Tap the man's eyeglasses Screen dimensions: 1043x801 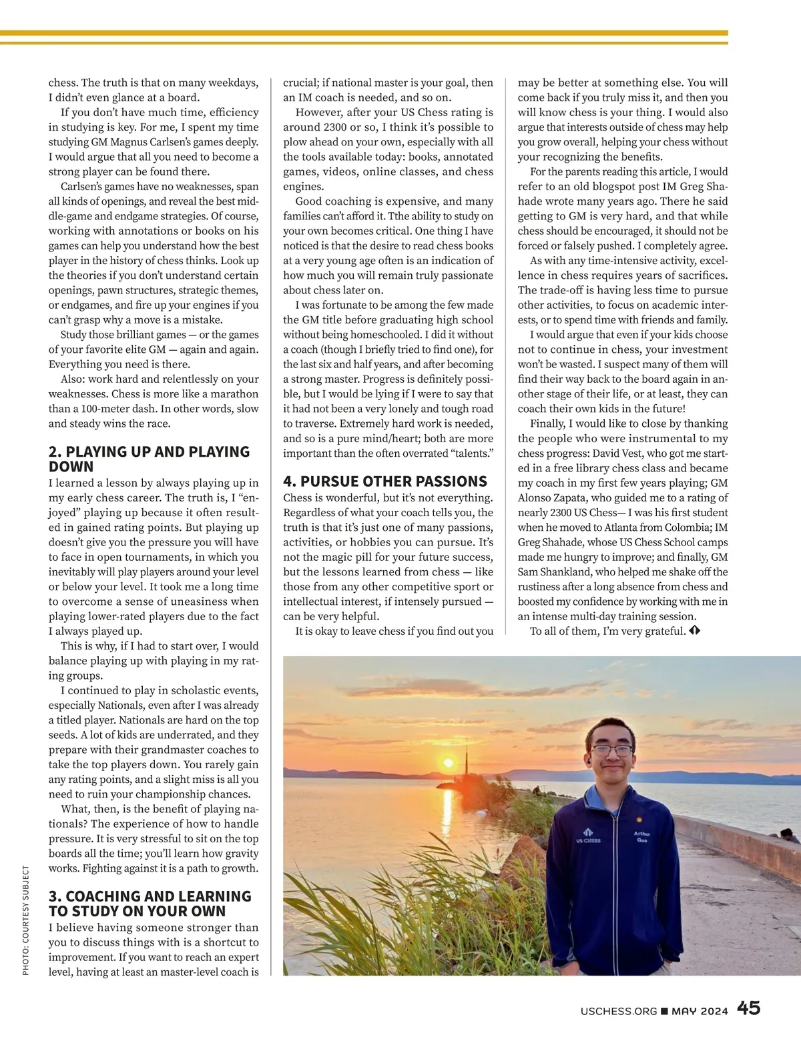[x=611, y=750]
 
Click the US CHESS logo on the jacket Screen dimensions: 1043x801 [x=588, y=836]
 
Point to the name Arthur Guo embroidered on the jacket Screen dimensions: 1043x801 [x=641, y=837]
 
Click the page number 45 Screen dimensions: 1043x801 [x=748, y=1008]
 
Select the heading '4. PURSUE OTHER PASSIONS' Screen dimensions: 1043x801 [x=385, y=481]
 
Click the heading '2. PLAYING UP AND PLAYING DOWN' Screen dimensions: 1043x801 [x=149, y=459]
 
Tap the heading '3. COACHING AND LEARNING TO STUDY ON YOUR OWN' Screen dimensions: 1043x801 [x=150, y=904]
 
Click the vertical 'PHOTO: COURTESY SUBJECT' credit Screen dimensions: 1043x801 [x=26, y=920]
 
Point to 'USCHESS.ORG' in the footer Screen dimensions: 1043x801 [x=619, y=1011]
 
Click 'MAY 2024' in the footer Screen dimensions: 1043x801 [x=700, y=1011]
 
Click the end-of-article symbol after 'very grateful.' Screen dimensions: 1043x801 [x=694, y=631]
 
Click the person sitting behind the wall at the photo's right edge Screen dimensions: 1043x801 [x=788, y=836]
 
